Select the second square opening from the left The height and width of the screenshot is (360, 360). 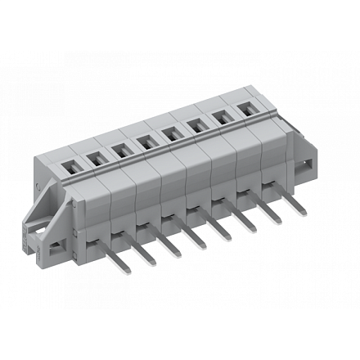pos(96,159)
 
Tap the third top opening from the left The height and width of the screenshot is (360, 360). pos(120,151)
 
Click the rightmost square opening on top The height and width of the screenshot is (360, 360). pos(245,107)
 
